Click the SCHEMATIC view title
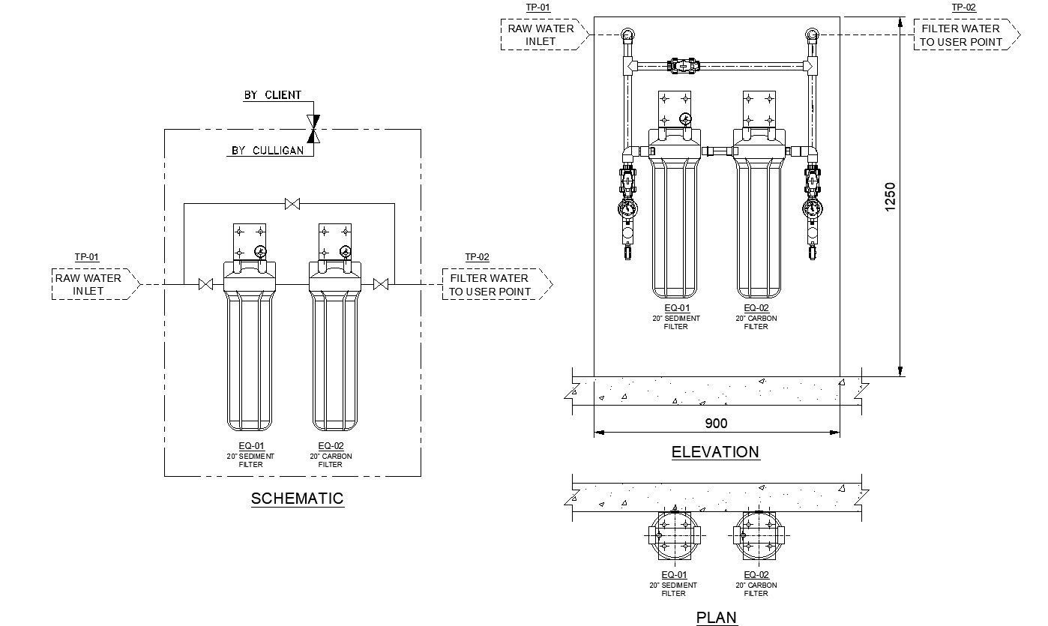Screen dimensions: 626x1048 click(297, 498)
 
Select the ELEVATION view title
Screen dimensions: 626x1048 click(715, 451)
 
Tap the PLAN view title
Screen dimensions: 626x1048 click(717, 617)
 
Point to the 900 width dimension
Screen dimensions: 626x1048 click(717, 424)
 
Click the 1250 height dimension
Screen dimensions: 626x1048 click(890, 197)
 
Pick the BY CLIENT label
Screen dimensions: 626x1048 click(272, 95)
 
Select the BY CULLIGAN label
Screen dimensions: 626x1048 click(268, 150)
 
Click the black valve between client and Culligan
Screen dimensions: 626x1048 click(314, 128)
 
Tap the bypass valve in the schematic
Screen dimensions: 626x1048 click(292, 203)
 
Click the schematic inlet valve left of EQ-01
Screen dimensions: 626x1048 click(205, 284)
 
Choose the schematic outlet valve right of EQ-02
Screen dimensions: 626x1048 click(381, 284)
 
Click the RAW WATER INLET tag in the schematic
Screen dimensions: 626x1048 click(88, 284)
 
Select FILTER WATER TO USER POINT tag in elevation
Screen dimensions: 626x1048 click(961, 35)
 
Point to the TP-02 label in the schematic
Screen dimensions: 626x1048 click(477, 257)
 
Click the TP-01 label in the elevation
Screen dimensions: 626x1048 click(537, 7)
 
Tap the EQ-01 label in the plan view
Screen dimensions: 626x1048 click(673, 575)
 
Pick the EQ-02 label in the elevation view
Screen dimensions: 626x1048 click(756, 308)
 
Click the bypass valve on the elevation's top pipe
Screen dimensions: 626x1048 click(683, 66)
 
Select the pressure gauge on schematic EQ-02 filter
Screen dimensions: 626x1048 click(345, 252)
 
